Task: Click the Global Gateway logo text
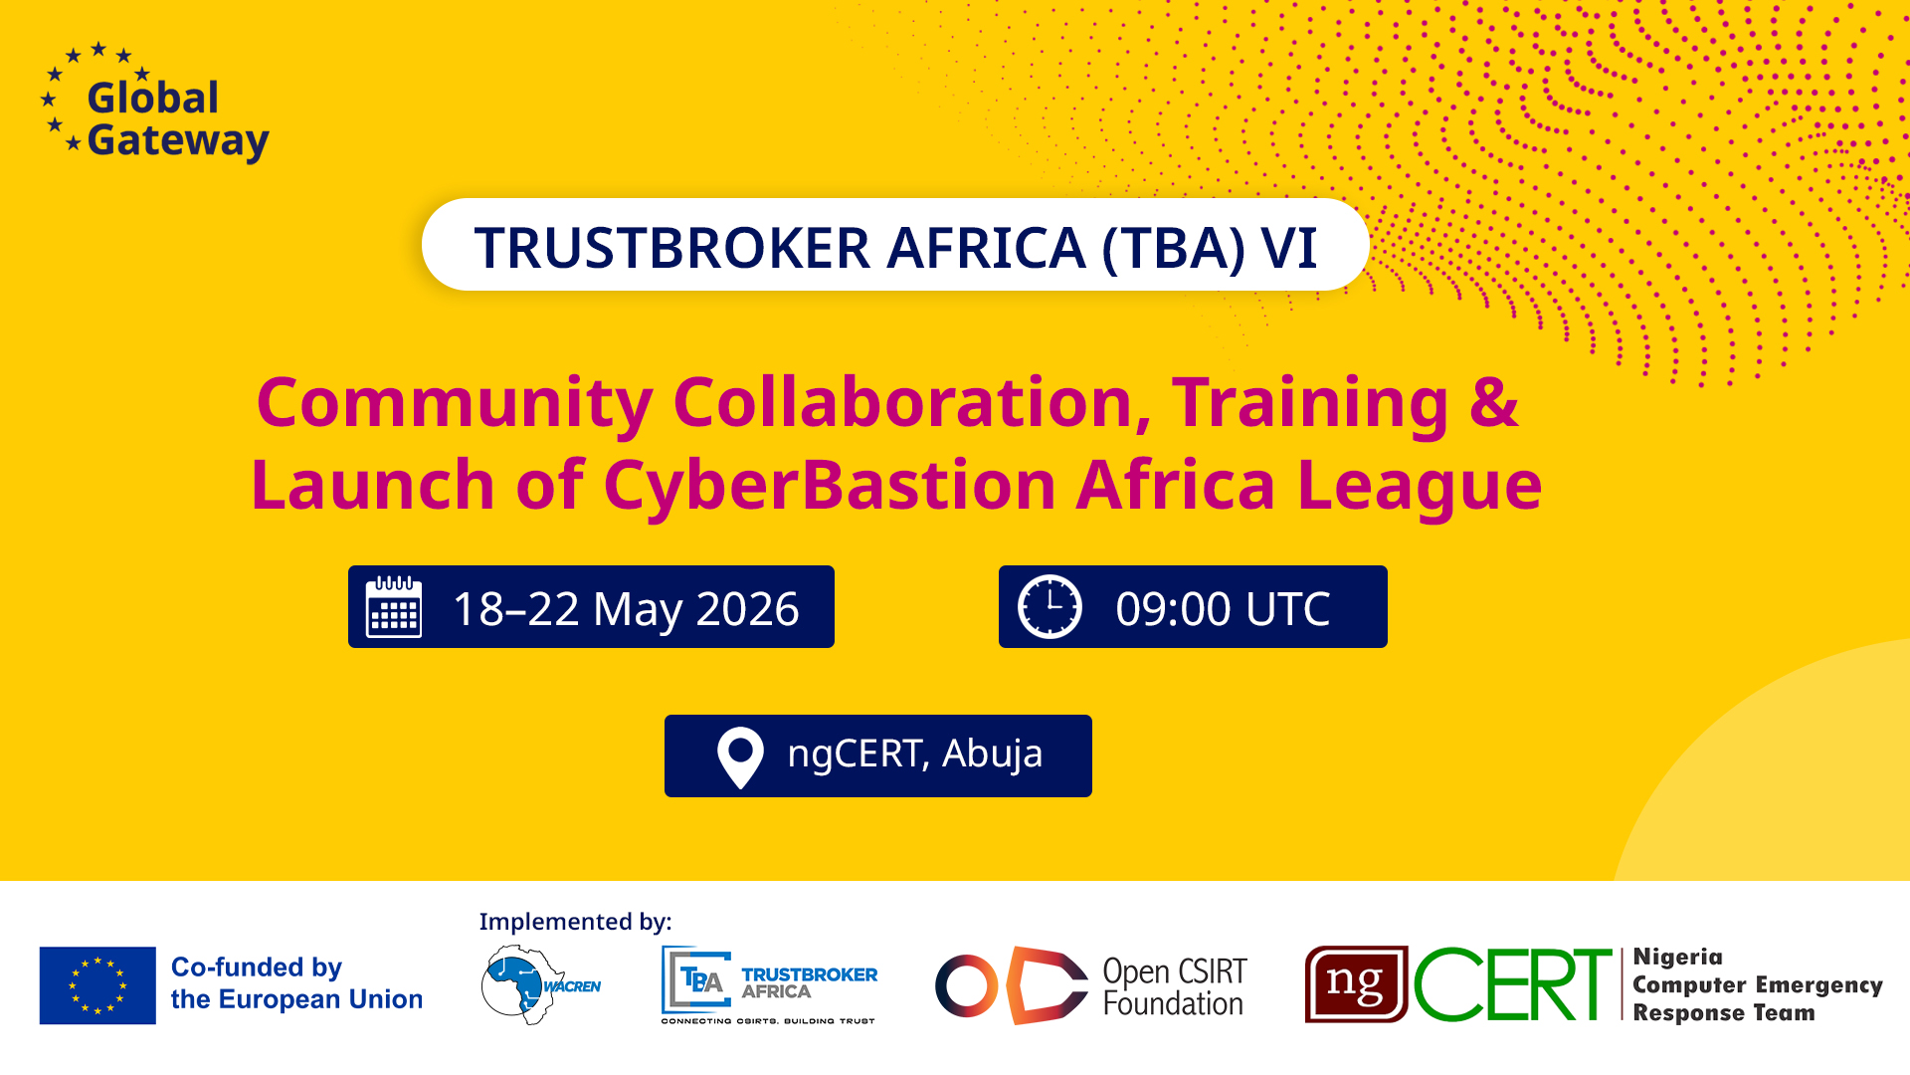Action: [177, 119]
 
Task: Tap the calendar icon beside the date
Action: [394, 606]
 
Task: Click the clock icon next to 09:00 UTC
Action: [1050, 606]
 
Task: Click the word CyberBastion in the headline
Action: [829, 486]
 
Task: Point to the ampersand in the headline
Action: [1494, 402]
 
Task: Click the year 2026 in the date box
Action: [747, 609]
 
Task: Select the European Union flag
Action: [97, 985]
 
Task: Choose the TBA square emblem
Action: [697, 980]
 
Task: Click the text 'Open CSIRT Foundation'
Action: [1174, 987]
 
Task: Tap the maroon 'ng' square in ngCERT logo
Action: [1356, 984]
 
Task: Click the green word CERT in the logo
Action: [1513, 985]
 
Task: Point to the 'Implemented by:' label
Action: [576, 923]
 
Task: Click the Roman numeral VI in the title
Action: [1289, 248]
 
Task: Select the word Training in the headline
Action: [1310, 404]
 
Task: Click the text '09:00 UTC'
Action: [1223, 609]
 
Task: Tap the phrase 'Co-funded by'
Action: [257, 967]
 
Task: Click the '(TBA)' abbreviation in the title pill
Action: [1174, 249]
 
